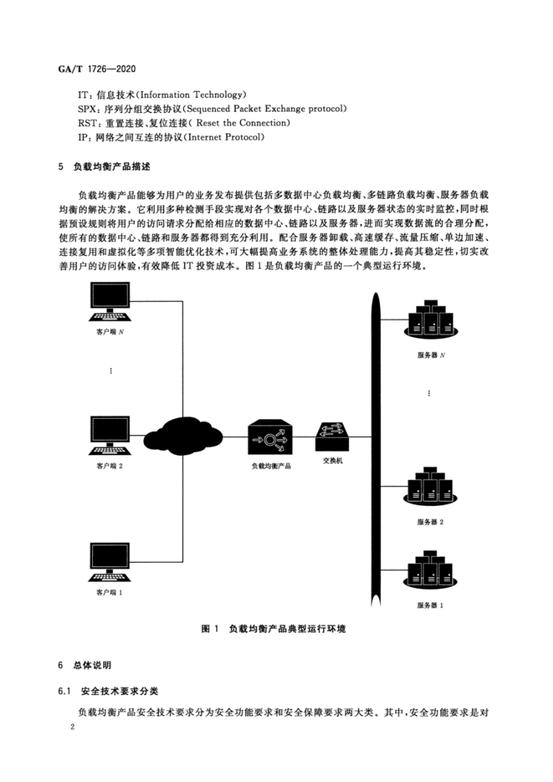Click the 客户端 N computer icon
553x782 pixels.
[110, 302]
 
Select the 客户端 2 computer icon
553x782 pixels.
[110, 436]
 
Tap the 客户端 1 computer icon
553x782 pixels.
[110, 562]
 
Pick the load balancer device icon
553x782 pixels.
[270, 437]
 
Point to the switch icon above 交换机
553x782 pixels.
[333, 436]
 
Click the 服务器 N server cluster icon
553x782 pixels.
[430, 319]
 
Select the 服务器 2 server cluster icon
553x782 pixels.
[430, 486]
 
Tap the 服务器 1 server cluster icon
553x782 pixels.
[430, 569]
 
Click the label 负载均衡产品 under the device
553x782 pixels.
[271, 466]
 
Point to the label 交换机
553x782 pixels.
[333, 461]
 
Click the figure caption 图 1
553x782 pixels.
[210, 629]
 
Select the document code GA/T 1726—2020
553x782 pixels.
[97, 69]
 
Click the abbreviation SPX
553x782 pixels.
[87, 109]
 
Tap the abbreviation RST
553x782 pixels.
[87, 123]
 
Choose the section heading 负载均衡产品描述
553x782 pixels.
[112, 167]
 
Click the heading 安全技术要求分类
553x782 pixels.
[119, 691]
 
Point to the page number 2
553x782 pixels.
[73, 727]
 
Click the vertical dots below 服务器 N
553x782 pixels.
[430, 394]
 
